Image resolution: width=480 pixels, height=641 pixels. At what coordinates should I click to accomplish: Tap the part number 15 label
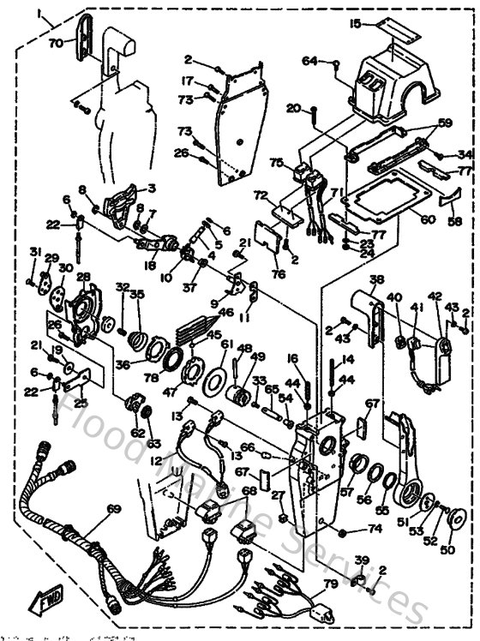[x=356, y=22]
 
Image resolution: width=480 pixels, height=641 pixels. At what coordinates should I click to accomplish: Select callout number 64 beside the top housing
[x=309, y=60]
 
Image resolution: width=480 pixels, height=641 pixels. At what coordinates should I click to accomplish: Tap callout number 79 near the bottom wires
[x=330, y=585]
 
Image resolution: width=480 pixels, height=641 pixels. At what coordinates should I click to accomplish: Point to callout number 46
[x=226, y=315]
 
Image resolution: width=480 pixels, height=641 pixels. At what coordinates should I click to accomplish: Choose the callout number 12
[x=156, y=460]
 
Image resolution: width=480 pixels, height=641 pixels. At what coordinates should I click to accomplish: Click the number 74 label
[x=374, y=529]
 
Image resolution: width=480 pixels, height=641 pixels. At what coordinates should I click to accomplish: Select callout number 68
[x=249, y=490]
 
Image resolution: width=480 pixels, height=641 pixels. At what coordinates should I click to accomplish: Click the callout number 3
[x=151, y=188]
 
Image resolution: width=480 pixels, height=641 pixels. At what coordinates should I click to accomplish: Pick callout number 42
[x=434, y=297]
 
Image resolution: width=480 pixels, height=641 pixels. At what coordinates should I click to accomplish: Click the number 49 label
[x=257, y=356]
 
